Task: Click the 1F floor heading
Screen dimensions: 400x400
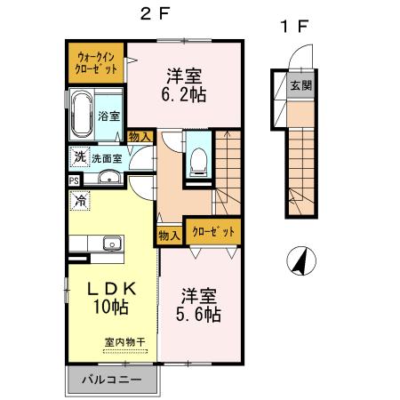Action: coord(294,27)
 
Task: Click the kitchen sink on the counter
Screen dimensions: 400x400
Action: coord(111,244)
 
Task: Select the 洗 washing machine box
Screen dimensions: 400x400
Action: coord(78,157)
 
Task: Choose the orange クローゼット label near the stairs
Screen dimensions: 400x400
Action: coord(213,231)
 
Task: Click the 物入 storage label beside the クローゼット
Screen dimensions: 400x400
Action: coord(169,235)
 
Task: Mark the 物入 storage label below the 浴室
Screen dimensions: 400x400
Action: coord(139,137)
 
